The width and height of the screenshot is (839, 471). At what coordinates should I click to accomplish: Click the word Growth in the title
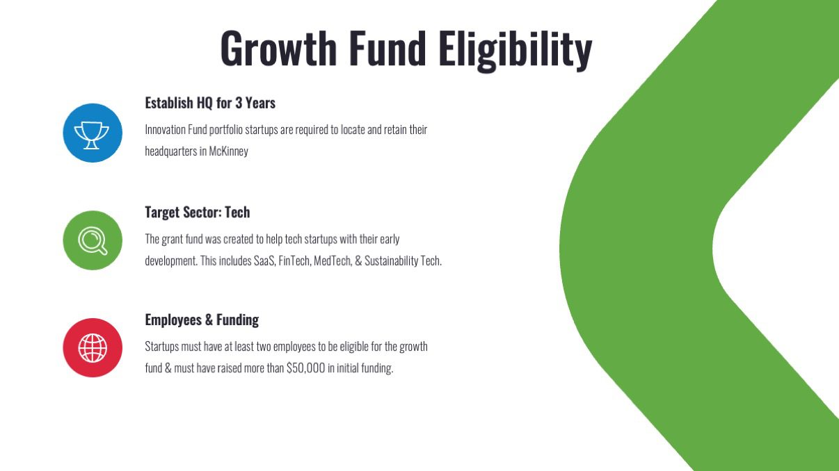[278, 48]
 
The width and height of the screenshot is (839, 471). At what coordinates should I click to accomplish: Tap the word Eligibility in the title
[516, 51]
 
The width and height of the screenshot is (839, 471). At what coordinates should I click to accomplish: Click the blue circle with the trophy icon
[93, 133]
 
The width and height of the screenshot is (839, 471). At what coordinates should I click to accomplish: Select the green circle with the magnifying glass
[93, 240]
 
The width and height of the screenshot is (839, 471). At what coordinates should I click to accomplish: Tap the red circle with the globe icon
[93, 347]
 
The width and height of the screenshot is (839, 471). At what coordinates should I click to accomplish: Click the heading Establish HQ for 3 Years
[210, 103]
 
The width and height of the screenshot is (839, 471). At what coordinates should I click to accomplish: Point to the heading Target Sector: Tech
[198, 212]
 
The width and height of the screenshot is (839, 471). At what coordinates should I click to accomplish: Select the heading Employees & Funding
[202, 320]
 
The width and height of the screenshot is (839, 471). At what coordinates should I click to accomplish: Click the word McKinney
[228, 151]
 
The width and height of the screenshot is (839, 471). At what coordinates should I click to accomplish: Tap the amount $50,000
[305, 368]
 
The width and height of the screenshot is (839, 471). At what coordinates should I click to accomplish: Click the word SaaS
[265, 261]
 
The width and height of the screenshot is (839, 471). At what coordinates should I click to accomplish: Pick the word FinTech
[295, 261]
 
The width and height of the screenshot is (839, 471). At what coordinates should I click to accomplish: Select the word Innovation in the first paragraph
[165, 129]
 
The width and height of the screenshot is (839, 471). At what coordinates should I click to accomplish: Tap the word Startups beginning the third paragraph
[162, 347]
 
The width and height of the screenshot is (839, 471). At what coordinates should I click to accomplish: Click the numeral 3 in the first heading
[239, 103]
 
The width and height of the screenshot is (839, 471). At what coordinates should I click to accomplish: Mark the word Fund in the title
[387, 48]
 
